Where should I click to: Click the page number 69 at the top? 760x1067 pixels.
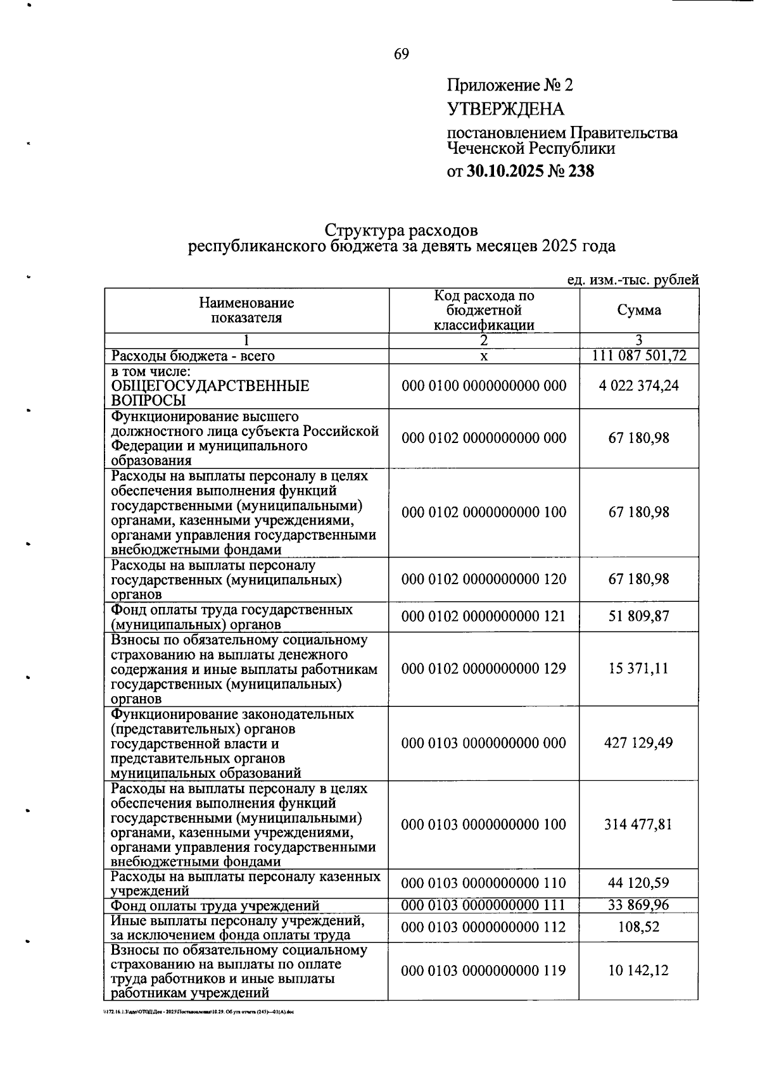pos(402,54)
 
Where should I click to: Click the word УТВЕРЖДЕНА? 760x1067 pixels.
pos(505,109)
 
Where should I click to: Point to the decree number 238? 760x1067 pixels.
pos(581,171)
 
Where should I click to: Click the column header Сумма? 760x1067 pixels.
pos(639,310)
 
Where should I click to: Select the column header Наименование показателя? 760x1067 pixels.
pos(246,311)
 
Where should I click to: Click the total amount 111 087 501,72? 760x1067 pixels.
pos(639,356)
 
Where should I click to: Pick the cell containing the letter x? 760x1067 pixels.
pos(484,356)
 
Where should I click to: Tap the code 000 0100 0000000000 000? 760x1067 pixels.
pos(484,385)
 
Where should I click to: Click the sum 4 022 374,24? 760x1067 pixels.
pos(639,385)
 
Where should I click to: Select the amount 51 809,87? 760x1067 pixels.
pos(639,616)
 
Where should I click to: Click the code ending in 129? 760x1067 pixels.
pos(484,668)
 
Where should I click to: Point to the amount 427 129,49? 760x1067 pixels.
pos(639,743)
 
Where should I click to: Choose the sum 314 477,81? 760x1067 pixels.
pos(639,825)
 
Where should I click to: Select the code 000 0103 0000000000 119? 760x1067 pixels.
pos(484,971)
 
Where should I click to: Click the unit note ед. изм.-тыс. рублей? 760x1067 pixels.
pos(633,280)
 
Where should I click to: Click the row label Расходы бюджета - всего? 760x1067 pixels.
pos(193,356)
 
